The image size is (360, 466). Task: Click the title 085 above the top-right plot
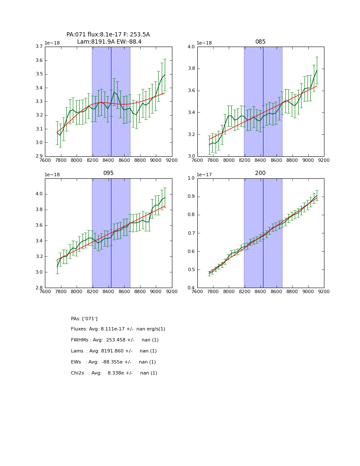point(260,42)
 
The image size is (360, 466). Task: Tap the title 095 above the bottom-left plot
point(108,173)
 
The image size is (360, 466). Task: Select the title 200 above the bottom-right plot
point(260,173)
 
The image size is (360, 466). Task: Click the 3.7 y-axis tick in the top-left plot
point(38,47)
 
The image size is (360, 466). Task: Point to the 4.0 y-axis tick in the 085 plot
point(191,47)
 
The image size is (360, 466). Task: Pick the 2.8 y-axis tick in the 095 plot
point(38,288)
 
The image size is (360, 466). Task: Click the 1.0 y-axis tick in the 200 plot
point(191,178)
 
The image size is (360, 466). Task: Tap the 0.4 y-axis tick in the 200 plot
point(191,288)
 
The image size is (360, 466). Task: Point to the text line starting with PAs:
point(84,319)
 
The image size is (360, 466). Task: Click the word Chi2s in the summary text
point(78,373)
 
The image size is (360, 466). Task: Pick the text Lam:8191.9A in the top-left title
point(95,42)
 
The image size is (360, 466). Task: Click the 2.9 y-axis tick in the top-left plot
point(38,156)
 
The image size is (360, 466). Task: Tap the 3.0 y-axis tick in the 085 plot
point(191,156)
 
